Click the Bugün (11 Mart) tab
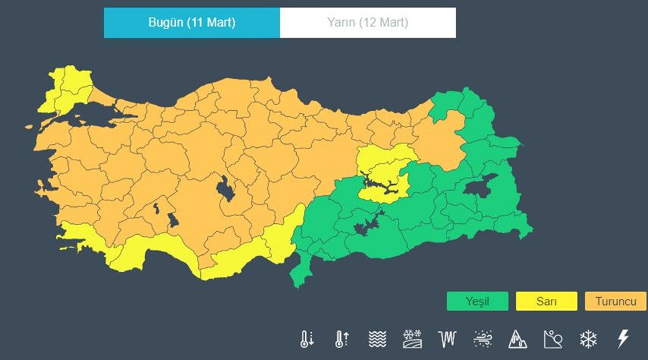click(192, 23)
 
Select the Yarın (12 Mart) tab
click(367, 23)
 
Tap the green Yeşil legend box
click(477, 302)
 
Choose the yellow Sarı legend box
click(546, 302)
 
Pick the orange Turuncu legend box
click(615, 302)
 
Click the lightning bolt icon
click(623, 338)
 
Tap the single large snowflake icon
click(588, 338)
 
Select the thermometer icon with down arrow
click(307, 338)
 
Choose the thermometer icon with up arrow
click(341, 338)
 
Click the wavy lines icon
click(377, 338)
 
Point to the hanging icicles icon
click(447, 338)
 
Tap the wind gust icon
click(482, 338)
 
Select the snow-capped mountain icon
click(518, 338)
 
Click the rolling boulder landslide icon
click(553, 338)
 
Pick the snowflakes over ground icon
click(412, 338)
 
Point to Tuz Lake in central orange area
click(224, 189)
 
